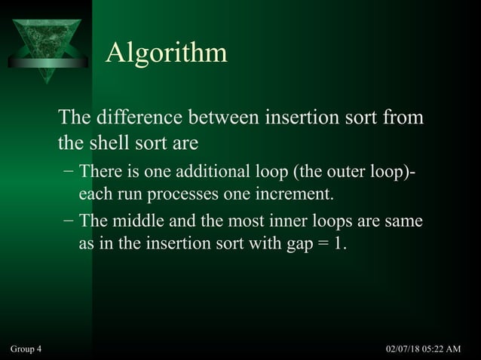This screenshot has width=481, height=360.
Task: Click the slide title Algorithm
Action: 166,53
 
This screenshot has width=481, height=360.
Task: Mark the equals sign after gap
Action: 318,245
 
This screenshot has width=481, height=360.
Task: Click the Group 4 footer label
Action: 26,349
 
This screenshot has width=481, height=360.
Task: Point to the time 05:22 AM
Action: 447,349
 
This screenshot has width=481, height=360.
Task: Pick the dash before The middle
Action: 69,222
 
